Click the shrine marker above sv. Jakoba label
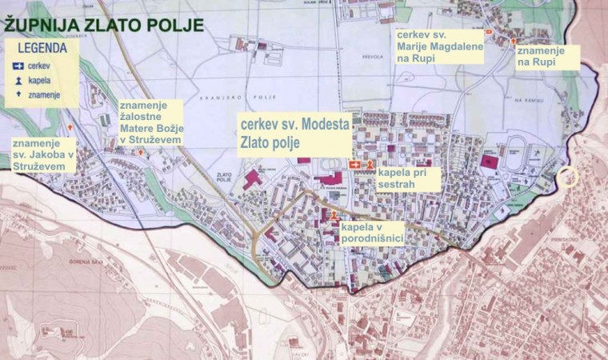coord(71,128)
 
